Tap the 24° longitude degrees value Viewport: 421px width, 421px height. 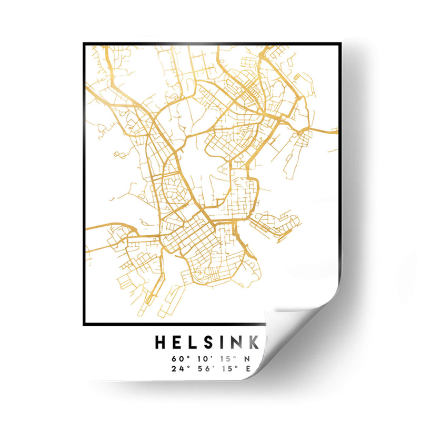tap(176, 368)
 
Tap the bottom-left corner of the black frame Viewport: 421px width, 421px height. tap(85, 324)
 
